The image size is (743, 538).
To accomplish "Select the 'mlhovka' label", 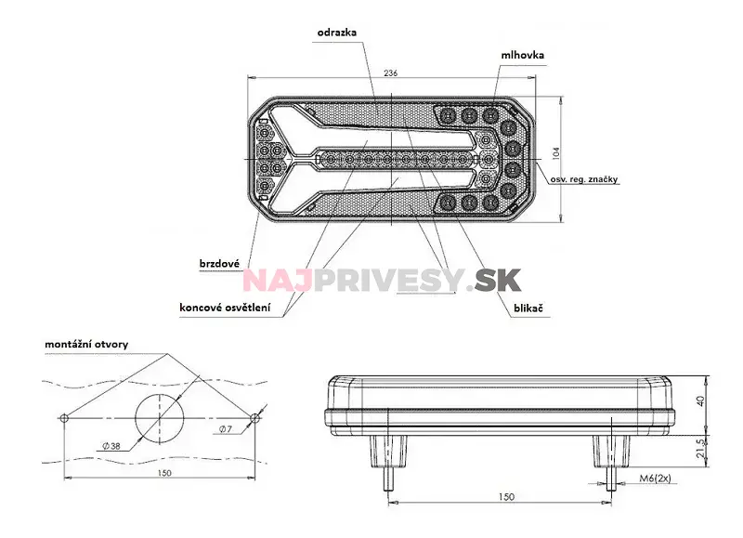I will point(521,55).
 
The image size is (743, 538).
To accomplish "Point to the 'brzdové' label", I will point(220,263).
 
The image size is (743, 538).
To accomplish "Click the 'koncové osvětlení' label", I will point(226,308).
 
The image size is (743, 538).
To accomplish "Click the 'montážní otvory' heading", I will point(86,344).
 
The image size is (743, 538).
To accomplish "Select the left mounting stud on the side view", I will point(389,459).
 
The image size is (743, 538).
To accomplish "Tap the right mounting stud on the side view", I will point(610,459).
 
